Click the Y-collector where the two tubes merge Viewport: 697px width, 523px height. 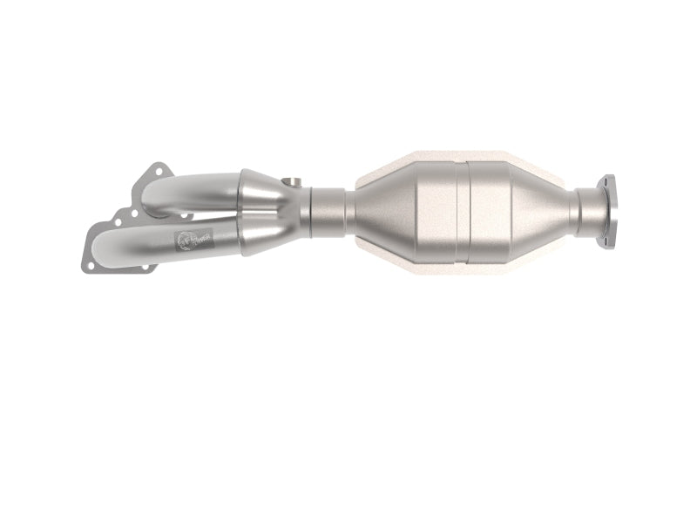coord(270,209)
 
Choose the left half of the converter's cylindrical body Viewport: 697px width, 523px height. coord(431,209)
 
